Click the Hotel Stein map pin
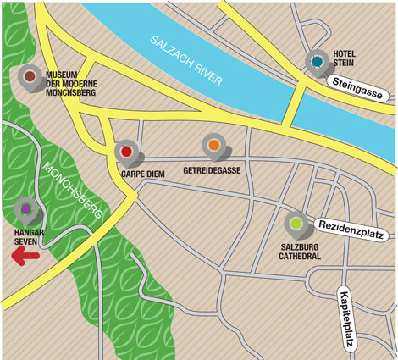(x=318, y=62)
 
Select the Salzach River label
(x=185, y=60)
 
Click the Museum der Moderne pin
(x=30, y=77)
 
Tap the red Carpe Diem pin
(x=126, y=152)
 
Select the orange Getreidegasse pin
(x=213, y=147)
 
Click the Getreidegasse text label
(x=212, y=169)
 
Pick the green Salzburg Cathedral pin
(x=296, y=224)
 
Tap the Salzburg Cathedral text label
(x=300, y=250)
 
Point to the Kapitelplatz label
(x=347, y=319)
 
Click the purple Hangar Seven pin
(x=25, y=208)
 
